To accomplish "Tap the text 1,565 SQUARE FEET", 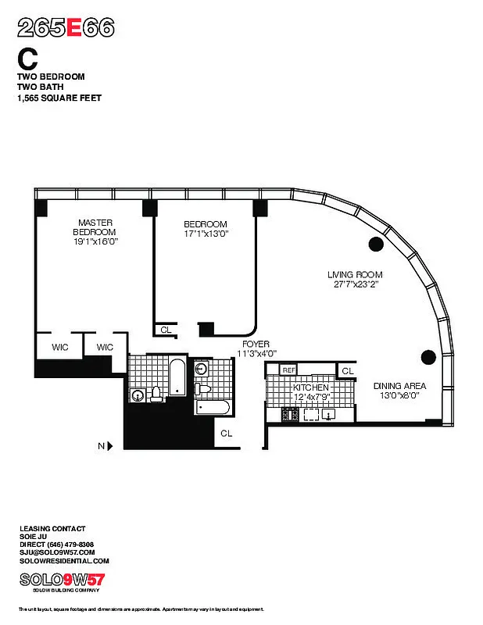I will pyautogui.click(x=59, y=98).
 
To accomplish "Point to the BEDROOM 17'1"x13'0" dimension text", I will pyautogui.click(x=206, y=233).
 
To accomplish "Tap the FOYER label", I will pyautogui.click(x=256, y=344).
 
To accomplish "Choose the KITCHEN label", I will pyautogui.click(x=311, y=387).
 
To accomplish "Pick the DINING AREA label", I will pyautogui.click(x=399, y=385).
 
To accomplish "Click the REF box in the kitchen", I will pyautogui.click(x=289, y=370).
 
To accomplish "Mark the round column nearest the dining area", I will pyautogui.click(x=428, y=358).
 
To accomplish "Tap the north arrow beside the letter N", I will pyautogui.click(x=110, y=446).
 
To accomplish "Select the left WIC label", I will pyautogui.click(x=62, y=347).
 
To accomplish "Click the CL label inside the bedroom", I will pyautogui.click(x=166, y=330).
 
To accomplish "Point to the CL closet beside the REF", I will pyautogui.click(x=346, y=370).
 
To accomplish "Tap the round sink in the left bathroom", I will pyautogui.click(x=138, y=395).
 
